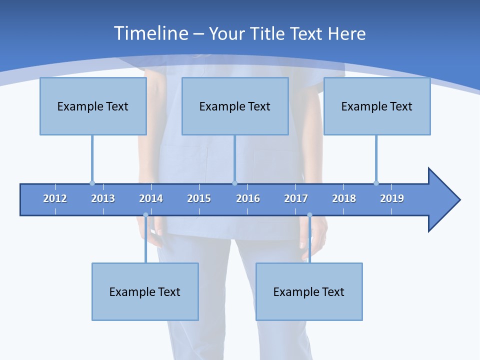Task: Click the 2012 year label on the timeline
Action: pyautogui.click(x=55, y=198)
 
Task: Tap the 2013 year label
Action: pyautogui.click(x=103, y=198)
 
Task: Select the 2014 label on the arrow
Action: pyautogui.click(x=151, y=198)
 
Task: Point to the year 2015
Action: pyautogui.click(x=199, y=198)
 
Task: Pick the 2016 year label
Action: pyautogui.click(x=248, y=198)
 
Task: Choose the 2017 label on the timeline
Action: pyautogui.click(x=296, y=198)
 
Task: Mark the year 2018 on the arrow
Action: pyautogui.click(x=344, y=198)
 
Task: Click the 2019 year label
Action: pyautogui.click(x=392, y=198)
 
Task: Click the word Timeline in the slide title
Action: pyautogui.click(x=150, y=33)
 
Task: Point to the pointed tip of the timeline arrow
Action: pyautogui.click(x=459, y=200)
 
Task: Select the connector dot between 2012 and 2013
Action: pyautogui.click(x=92, y=183)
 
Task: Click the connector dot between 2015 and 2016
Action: pyautogui.click(x=234, y=183)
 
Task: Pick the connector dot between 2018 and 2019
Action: pyautogui.click(x=376, y=183)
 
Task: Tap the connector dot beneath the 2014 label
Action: pyautogui.click(x=145, y=215)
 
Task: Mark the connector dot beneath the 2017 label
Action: pyautogui.click(x=309, y=215)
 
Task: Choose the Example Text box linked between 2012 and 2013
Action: pyautogui.click(x=93, y=106)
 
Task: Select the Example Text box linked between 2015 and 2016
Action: pyautogui.click(x=235, y=106)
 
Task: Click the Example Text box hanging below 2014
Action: pyautogui.click(x=145, y=291)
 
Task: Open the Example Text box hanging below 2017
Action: pyautogui.click(x=309, y=291)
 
